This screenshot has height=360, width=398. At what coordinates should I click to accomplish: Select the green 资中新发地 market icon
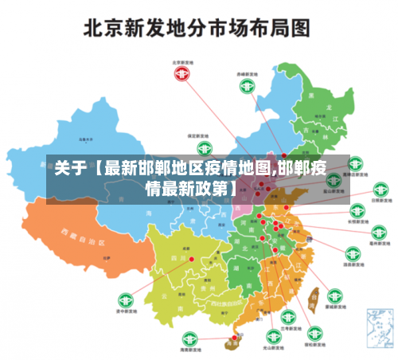click(x=124, y=301)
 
